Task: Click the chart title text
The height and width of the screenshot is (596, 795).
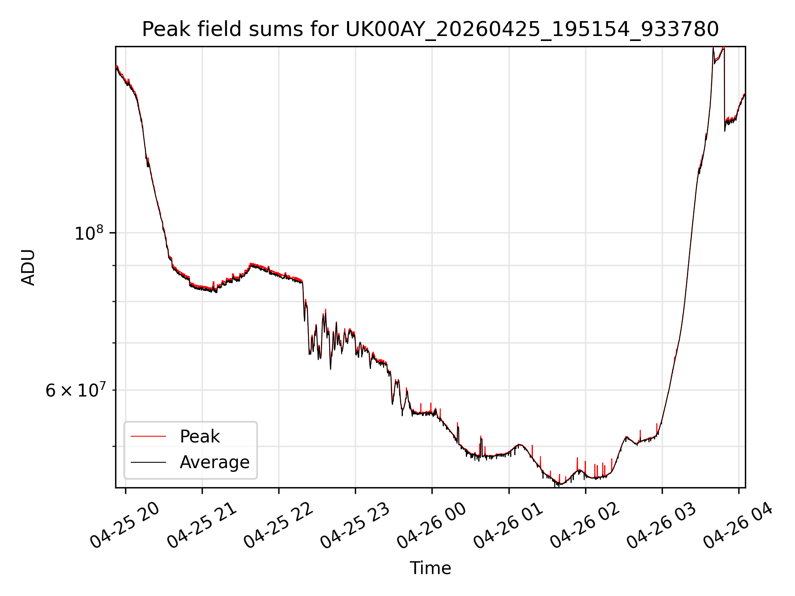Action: pyautogui.click(x=430, y=29)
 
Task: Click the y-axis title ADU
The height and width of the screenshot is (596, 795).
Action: pyautogui.click(x=28, y=267)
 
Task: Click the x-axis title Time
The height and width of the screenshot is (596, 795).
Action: pyautogui.click(x=430, y=568)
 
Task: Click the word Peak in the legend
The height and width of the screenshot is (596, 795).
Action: pyautogui.click(x=200, y=437)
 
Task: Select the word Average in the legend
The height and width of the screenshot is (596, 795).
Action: pyautogui.click(x=214, y=462)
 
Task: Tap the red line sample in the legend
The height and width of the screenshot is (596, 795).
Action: pyautogui.click(x=148, y=437)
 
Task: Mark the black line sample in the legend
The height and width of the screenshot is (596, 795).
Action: pyautogui.click(x=148, y=462)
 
